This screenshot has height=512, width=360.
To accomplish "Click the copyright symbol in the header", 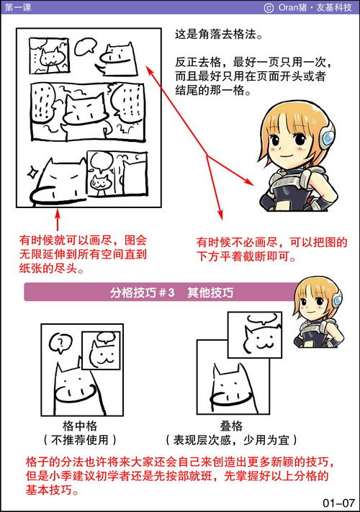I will pos(269,7).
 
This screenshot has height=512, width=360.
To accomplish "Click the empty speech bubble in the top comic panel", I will pos(86,48).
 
